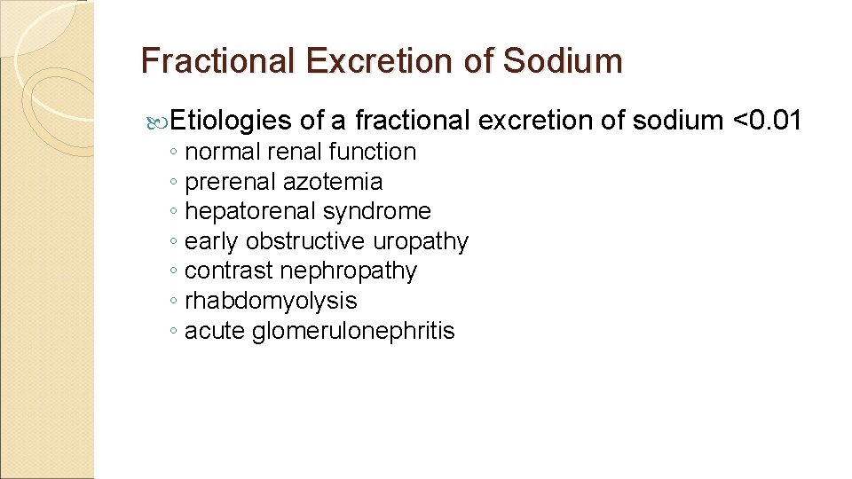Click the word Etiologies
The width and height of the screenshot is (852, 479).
point(231,120)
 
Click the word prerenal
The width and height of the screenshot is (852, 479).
point(230,182)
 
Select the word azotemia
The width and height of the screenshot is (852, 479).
point(333,182)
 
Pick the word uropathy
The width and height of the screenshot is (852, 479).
point(421,241)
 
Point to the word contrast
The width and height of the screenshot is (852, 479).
point(229,271)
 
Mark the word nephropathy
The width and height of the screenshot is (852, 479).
point(348,271)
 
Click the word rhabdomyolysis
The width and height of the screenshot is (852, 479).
point(271,301)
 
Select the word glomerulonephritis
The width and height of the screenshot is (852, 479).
point(353,331)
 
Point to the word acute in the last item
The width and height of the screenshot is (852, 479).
point(215,331)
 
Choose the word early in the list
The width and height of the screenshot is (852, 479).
point(212,241)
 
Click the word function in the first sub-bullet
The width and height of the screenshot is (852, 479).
point(372,152)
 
